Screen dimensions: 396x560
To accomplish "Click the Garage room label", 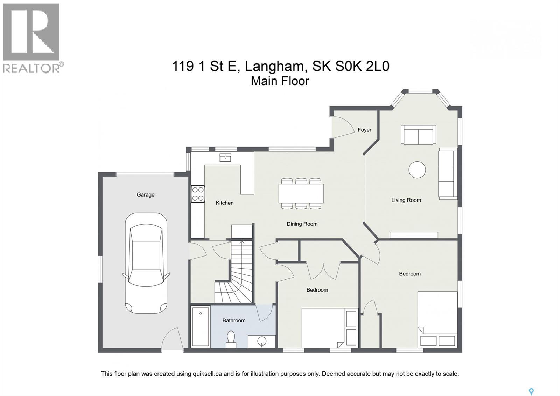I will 145,194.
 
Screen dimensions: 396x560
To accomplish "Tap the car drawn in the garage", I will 146,263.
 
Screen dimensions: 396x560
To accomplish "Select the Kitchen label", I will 224,203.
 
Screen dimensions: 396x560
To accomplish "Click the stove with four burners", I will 198,194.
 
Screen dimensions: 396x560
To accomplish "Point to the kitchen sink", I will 225,157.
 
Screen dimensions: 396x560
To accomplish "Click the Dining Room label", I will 302,224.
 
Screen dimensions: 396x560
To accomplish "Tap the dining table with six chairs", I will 301,193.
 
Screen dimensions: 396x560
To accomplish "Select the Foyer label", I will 364,130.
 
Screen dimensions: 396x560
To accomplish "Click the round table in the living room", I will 417,170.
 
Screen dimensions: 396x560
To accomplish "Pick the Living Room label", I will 406,200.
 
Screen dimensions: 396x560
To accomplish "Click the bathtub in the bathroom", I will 201,326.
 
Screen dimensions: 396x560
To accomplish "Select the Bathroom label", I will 234,320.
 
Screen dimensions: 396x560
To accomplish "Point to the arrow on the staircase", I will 241,242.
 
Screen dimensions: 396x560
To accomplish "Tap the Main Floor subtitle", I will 280,81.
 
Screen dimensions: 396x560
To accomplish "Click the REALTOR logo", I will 31,38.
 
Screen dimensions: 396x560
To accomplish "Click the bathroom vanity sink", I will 261,341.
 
